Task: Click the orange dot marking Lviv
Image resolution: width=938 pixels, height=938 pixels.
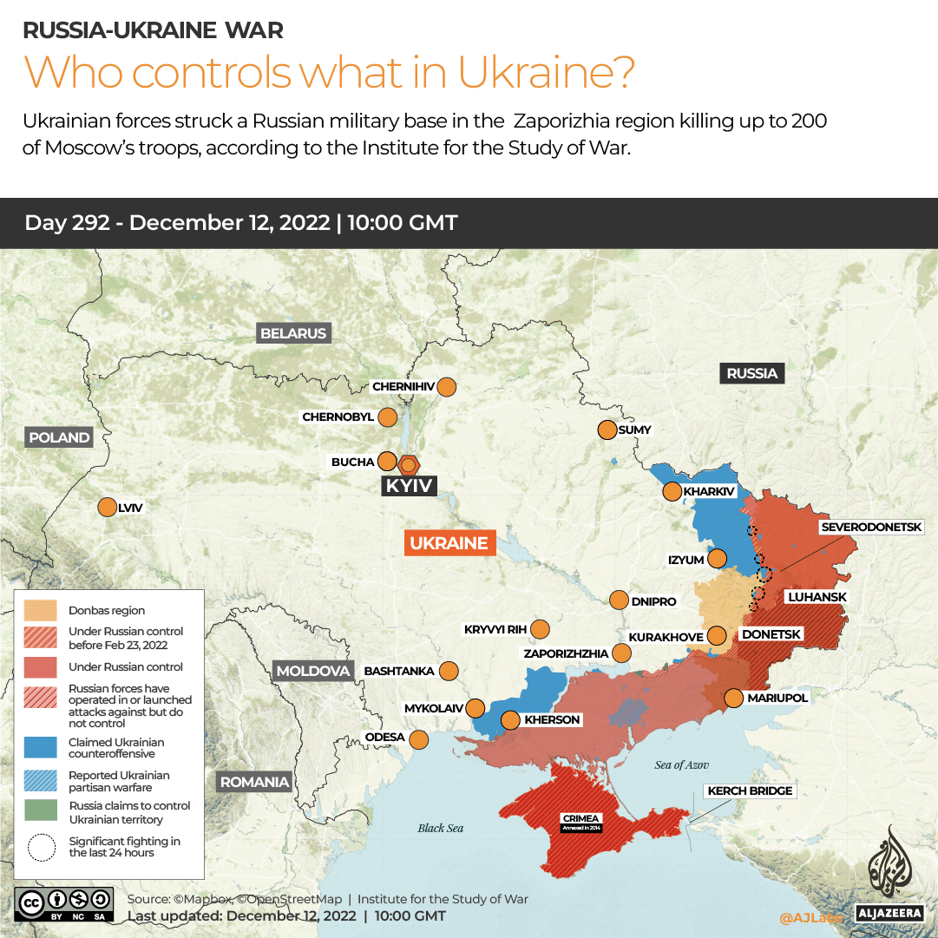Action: [107, 508]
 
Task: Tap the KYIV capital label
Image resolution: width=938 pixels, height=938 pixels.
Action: [409, 486]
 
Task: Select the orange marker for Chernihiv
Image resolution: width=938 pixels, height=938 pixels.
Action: [447, 387]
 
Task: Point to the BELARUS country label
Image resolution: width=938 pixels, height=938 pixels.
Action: [293, 333]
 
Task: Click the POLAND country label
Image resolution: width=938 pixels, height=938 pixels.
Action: [59, 437]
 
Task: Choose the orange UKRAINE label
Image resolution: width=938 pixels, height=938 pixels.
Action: [449, 543]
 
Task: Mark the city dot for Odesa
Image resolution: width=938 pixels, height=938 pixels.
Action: [419, 739]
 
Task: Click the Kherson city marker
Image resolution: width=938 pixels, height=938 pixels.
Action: [510, 720]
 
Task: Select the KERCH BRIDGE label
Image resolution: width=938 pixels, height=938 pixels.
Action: [751, 790]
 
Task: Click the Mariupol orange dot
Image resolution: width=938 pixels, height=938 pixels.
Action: [733, 698]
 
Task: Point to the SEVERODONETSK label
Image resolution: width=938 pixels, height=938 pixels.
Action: [878, 527]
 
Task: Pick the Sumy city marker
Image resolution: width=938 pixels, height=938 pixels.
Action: [607, 430]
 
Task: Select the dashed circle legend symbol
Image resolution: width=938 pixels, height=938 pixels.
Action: [41, 847]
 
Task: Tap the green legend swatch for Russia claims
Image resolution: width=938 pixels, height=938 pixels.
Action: [41, 812]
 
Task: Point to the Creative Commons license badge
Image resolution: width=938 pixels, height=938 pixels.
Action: [63, 902]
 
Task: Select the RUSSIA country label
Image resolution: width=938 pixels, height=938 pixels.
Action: [751, 373]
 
